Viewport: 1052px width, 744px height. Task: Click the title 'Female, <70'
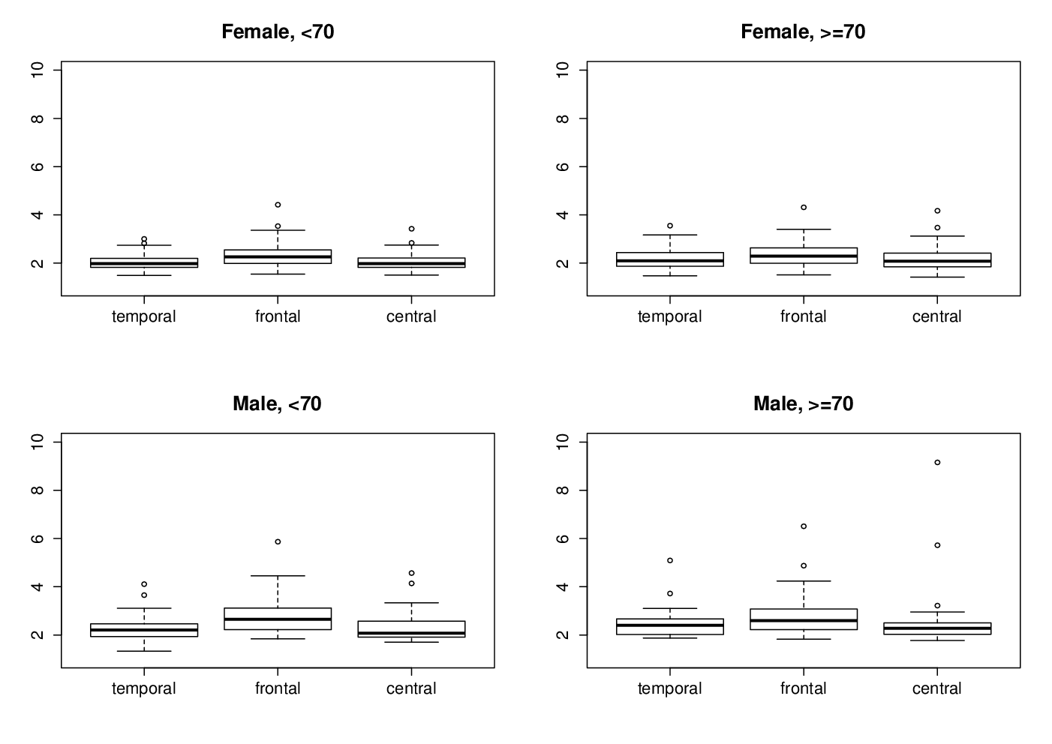point(278,32)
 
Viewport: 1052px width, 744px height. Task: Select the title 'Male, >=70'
point(803,403)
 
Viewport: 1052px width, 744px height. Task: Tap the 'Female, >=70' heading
point(803,32)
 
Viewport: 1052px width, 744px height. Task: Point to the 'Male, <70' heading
point(277,403)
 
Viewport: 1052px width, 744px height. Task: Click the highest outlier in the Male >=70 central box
point(937,462)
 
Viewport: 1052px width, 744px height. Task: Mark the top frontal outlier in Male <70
point(278,541)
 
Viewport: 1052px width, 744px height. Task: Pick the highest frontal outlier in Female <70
point(278,205)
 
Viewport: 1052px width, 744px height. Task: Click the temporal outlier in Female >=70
point(670,226)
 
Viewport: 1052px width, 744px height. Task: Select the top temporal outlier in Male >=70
point(670,560)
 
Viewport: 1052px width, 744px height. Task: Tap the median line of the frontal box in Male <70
point(278,619)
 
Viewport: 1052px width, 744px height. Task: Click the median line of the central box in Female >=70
point(937,261)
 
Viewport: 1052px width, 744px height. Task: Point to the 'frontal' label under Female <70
point(278,316)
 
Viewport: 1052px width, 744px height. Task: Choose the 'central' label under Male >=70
point(937,688)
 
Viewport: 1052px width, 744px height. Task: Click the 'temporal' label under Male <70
point(144,689)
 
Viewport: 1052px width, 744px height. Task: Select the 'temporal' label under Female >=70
point(670,316)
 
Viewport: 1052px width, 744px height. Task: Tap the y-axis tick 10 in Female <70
point(37,70)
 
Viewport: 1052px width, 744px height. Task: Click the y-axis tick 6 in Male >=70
point(563,538)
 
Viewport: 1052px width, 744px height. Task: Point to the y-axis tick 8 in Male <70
point(37,490)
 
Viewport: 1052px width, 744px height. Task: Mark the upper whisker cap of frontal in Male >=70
point(804,581)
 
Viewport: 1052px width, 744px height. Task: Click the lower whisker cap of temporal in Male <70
point(144,651)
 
